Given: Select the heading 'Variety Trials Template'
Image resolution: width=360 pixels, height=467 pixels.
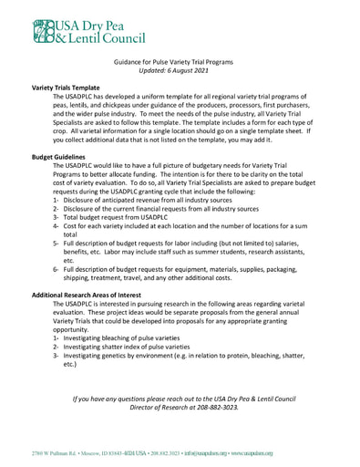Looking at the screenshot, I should coord(66,87).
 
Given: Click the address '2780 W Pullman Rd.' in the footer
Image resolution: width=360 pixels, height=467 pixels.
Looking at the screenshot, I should coord(54,452).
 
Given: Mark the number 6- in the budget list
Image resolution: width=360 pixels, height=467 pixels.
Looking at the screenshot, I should coord(56,270).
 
